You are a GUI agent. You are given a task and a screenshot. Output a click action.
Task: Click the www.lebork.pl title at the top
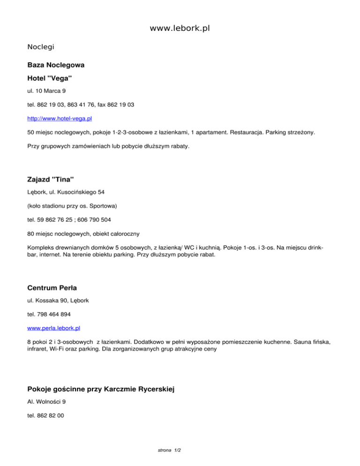point(180,29)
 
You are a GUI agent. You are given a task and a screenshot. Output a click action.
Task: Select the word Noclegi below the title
point(41,47)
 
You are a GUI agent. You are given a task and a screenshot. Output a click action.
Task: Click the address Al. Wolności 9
point(46,402)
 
